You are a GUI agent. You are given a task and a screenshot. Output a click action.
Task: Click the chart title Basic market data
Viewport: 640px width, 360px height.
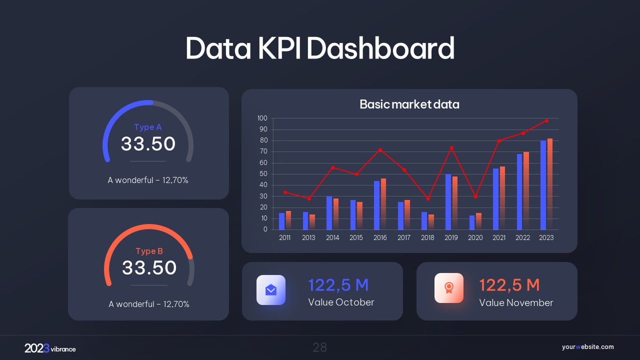pos(409,104)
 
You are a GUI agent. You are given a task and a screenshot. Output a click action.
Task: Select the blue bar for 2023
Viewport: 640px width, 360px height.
pos(543,185)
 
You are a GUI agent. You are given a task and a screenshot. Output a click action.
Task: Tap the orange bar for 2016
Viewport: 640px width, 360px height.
pos(383,204)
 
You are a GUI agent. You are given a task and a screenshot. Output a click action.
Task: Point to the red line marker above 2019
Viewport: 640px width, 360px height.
pos(451,148)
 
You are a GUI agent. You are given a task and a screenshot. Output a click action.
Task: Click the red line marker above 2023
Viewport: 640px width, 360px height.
pos(546,120)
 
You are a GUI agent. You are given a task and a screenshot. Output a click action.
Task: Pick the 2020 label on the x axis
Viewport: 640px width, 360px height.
pos(475,238)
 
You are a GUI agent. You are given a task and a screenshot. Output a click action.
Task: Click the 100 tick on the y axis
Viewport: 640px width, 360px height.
pos(262,118)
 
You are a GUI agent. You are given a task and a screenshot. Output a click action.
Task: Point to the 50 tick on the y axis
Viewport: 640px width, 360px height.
pos(262,174)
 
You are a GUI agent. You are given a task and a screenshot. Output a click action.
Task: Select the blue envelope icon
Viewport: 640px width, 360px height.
pos(271,289)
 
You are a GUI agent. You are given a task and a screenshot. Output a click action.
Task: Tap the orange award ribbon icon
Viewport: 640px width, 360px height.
pos(449,288)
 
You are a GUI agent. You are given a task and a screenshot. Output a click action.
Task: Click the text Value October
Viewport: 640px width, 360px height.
pos(341,302)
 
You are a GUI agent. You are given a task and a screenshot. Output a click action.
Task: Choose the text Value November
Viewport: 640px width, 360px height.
pos(516,302)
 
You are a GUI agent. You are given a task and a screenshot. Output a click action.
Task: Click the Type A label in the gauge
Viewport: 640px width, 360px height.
pos(148,127)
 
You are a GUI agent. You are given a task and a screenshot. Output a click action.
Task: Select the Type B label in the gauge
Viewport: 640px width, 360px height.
pos(149,251)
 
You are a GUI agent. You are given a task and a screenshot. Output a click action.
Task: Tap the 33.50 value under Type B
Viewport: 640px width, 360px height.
pos(149,268)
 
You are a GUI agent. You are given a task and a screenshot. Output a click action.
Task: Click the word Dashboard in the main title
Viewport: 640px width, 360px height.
pos(380,48)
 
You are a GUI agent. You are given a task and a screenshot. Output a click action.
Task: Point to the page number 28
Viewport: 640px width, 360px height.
pos(320,347)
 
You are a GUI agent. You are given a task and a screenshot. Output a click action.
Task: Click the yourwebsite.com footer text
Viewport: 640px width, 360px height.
pos(587,347)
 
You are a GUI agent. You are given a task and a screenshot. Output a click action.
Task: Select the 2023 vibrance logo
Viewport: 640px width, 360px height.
pos(50,348)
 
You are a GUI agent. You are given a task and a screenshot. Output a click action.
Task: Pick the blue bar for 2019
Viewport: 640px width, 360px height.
pos(448,202)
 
